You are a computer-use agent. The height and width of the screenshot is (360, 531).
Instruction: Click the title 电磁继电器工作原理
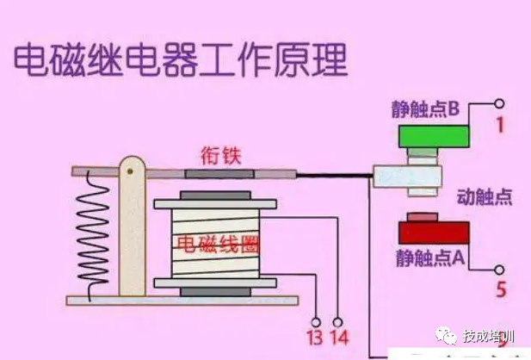(181, 60)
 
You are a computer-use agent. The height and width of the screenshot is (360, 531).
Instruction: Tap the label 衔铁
(220, 156)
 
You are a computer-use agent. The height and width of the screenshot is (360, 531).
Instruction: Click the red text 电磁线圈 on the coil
(218, 245)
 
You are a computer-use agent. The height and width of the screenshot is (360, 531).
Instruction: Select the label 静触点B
(426, 109)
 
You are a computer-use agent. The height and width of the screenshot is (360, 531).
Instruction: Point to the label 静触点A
(430, 258)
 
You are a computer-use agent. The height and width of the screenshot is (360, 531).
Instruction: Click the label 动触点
(485, 197)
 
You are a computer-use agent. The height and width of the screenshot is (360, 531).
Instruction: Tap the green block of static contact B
(434, 136)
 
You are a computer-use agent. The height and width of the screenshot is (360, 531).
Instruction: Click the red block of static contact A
(434, 233)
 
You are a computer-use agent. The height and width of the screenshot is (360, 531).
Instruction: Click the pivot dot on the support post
(130, 171)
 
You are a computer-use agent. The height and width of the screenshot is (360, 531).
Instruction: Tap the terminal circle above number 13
(316, 322)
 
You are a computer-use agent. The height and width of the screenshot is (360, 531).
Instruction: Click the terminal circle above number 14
(337, 322)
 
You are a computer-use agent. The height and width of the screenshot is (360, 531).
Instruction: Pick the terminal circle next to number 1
(499, 103)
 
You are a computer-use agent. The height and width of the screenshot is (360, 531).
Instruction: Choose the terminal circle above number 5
(499, 270)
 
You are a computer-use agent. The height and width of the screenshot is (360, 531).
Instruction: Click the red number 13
(315, 338)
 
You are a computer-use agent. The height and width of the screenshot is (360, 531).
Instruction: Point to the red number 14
(339, 338)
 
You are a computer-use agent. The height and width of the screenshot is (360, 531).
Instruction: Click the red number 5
(501, 289)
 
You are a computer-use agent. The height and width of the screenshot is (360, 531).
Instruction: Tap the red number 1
(500, 125)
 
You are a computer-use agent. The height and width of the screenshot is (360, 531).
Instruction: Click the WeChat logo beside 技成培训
(446, 336)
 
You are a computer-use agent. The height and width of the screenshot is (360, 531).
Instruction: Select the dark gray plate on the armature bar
(219, 174)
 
